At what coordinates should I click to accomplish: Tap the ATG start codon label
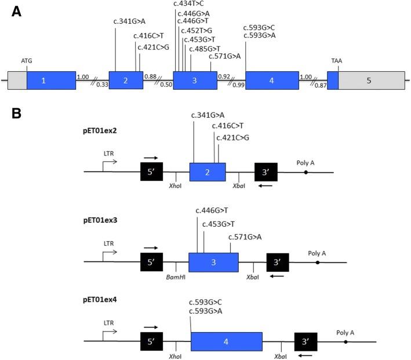(27, 60)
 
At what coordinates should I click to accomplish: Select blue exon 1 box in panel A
(51, 81)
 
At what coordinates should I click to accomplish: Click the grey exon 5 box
(371, 81)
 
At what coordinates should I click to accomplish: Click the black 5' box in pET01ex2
(151, 172)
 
